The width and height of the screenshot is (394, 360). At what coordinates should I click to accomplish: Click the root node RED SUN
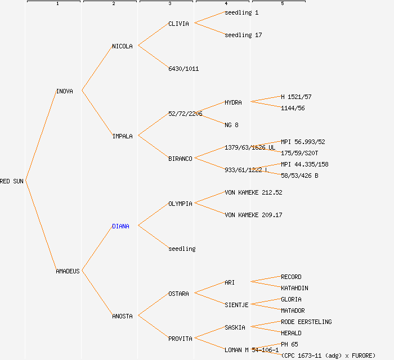coord(12,181)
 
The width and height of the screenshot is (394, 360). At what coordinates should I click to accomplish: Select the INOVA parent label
coord(64,91)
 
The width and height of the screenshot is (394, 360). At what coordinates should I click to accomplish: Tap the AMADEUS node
coord(68,271)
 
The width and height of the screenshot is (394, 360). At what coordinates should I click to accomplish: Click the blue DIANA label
coord(120,226)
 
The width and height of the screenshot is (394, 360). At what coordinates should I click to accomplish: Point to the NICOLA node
coord(122,46)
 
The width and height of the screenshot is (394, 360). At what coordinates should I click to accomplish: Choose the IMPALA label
coord(122,136)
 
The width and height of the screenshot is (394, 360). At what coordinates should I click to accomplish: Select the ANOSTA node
coord(122,316)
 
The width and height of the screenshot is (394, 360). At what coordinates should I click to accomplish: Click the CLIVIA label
coord(178,24)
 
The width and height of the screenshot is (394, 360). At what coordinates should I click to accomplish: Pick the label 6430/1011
coord(183,69)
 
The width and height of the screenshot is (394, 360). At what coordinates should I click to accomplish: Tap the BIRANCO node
coord(180,159)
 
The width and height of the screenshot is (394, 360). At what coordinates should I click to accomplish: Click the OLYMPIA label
coord(180,204)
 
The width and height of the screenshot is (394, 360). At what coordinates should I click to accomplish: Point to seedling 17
coord(243,35)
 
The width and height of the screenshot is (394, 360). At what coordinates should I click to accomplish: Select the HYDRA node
coord(233,102)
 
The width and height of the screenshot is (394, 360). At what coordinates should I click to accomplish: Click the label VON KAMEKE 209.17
coord(253,215)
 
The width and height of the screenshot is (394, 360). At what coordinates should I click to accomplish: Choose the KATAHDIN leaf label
coord(294,288)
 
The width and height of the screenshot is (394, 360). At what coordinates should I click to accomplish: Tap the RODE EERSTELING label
coord(306,322)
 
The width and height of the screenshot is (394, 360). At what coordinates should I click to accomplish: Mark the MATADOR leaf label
coord(293,310)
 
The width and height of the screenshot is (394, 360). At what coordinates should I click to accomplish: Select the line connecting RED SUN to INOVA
coord(41,136)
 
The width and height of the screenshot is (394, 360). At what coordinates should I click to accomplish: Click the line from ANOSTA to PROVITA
coord(153,327)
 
